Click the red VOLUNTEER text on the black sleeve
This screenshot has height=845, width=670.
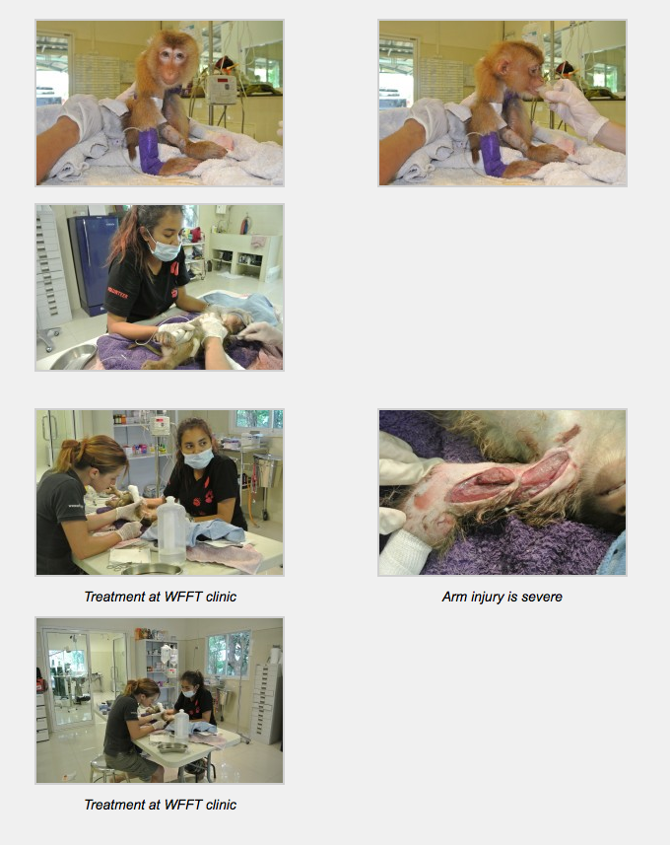(x=118, y=293)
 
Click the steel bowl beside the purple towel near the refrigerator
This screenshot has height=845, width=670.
(x=74, y=357)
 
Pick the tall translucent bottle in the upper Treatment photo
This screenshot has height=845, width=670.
(x=171, y=530)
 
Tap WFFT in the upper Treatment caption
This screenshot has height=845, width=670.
(x=182, y=597)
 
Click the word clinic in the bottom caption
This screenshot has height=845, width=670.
(x=221, y=805)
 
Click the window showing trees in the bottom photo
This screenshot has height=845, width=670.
(x=229, y=654)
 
